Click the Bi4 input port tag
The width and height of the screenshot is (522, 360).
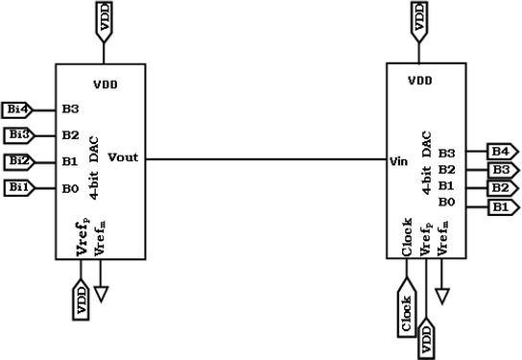coord(17,108)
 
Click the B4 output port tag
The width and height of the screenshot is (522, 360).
coord(502,152)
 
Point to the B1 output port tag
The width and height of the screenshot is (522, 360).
coord(502,206)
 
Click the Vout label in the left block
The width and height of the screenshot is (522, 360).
coord(125,156)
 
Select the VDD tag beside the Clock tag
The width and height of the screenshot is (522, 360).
coord(427,337)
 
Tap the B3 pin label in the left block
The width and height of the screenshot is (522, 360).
coord(69,108)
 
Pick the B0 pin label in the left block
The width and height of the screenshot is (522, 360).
coord(69,189)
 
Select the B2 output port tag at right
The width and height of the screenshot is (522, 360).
coord(502,187)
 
